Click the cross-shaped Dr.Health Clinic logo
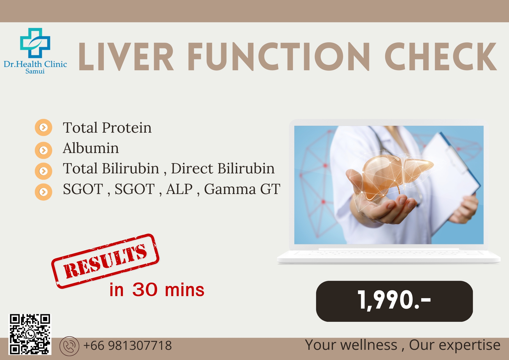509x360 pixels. [35, 43]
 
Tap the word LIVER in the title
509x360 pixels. [126, 57]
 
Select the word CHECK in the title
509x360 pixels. [441, 56]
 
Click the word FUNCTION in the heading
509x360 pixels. [279, 56]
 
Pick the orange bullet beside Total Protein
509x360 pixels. [44, 127]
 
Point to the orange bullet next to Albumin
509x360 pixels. [44, 150]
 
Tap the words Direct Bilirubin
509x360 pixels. [223, 168]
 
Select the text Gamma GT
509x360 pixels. [242, 189]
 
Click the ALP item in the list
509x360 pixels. [179, 189]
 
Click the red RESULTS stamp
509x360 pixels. [105, 261]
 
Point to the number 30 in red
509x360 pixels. [145, 289]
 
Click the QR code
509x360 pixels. [30, 334]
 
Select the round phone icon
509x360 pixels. [69, 346]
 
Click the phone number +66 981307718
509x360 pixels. [128, 345]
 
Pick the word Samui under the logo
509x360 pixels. [35, 71]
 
